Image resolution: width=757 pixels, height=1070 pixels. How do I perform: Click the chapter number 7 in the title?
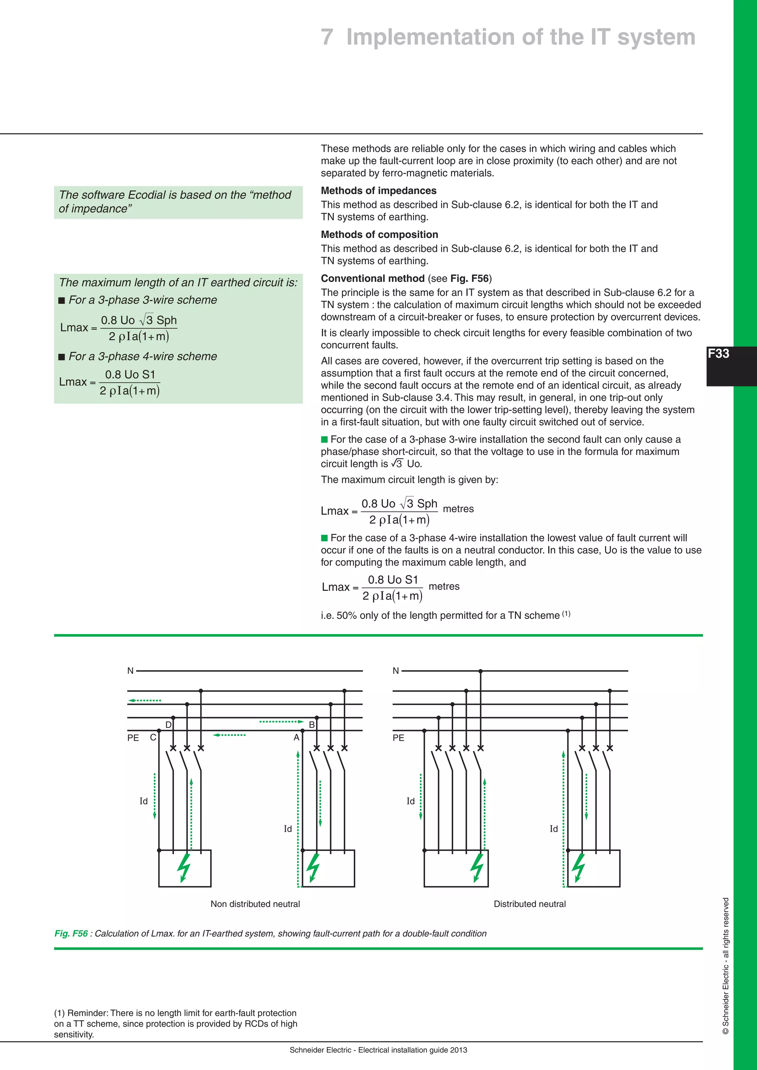pos(327,37)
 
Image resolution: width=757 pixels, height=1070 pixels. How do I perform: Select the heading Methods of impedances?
pos(378,191)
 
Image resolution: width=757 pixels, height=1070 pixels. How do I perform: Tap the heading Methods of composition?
pos(380,234)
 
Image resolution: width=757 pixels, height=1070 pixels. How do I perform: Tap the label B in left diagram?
pos(312,725)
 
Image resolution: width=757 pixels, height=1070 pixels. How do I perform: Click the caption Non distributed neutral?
pos(255,904)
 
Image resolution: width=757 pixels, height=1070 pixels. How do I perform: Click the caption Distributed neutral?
pos(530,904)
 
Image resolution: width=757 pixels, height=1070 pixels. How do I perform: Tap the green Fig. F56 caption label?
pos(71,933)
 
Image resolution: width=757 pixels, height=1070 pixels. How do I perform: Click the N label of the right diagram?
pos(396,671)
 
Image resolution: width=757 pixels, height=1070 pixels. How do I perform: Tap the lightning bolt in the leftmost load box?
pos(184,868)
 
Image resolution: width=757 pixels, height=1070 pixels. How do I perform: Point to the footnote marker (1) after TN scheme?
pos(566,614)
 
